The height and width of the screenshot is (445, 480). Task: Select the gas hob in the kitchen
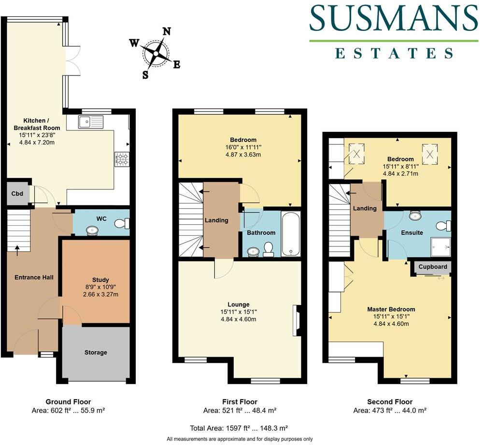(121, 158)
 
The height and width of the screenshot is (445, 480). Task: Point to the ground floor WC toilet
(123, 223)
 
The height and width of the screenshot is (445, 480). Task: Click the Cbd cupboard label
(17, 194)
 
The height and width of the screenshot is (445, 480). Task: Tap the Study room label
(100, 280)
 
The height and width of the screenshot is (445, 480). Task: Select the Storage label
(96, 353)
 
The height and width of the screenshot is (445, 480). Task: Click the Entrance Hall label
(34, 277)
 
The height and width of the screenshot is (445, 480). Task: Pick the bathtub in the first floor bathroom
(291, 233)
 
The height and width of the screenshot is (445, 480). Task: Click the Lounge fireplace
(296, 320)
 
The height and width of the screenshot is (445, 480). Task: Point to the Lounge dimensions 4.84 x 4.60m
(238, 319)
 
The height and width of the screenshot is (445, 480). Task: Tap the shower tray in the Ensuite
(440, 247)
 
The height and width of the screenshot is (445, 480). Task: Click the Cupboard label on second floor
(433, 267)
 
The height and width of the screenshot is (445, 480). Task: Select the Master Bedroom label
(391, 309)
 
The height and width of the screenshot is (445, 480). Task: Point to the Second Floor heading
(390, 402)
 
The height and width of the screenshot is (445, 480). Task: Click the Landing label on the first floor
(216, 220)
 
